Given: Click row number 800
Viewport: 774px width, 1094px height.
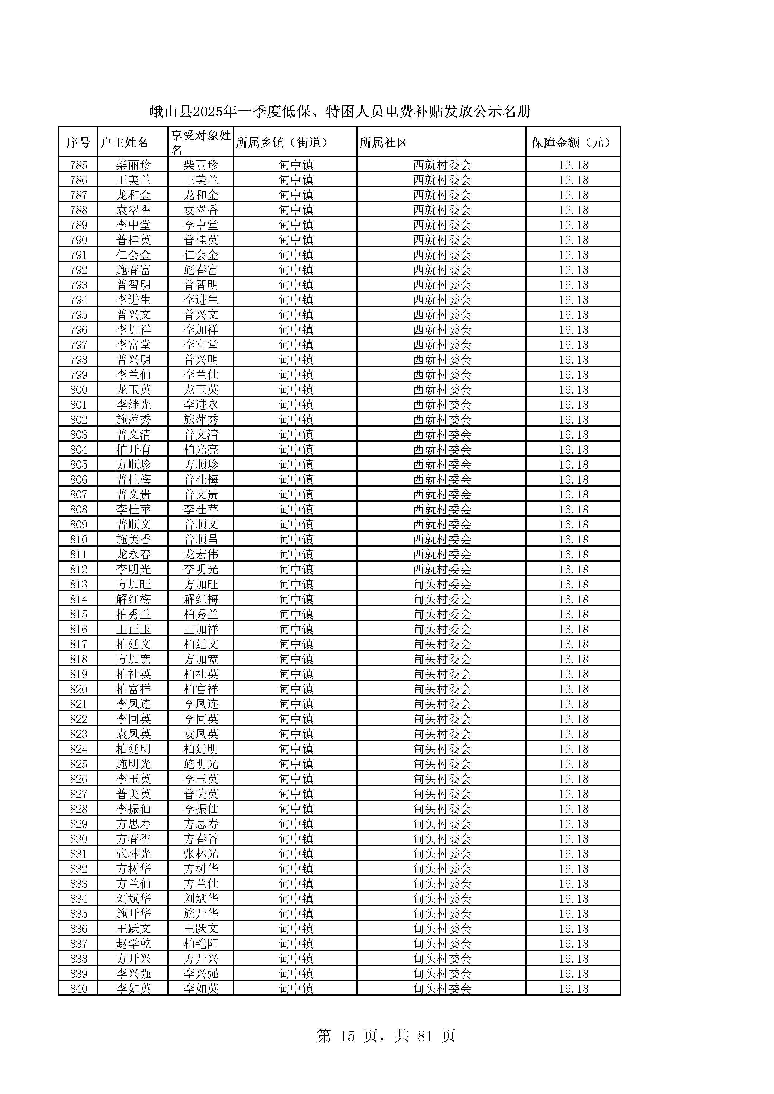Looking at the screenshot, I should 79,390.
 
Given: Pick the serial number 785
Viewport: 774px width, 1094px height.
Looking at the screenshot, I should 79,165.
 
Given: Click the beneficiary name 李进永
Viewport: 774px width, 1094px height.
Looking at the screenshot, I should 201,405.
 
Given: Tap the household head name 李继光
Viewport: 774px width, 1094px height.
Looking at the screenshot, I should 134,405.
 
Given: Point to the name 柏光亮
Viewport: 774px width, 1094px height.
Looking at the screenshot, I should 201,449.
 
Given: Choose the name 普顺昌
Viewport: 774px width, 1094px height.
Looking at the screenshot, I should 201,539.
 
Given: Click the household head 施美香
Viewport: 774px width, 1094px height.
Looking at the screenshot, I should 134,539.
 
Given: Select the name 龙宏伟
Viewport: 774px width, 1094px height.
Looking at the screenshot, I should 201,554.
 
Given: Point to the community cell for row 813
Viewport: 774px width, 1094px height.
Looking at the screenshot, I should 442,584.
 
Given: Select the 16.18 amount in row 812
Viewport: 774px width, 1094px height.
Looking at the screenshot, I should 573,569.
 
